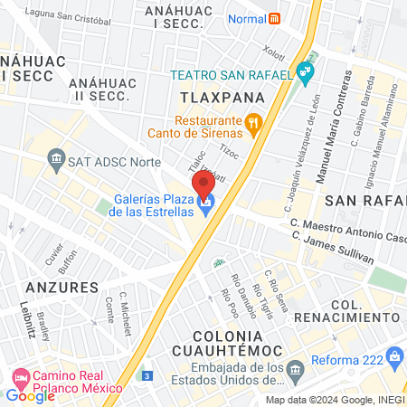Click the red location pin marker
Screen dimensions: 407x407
pyautogui.click(x=203, y=183)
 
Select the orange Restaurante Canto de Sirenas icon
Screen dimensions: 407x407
pyautogui.click(x=254, y=121)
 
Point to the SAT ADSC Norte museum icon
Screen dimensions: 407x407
pyautogui.click(x=57, y=161)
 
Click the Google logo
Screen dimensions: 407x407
pyautogui.click(x=30, y=395)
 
